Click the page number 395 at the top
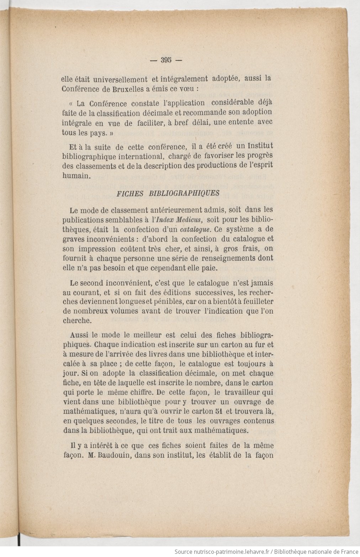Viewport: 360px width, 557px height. [x=166, y=60]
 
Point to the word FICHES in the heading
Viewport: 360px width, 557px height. [x=129, y=193]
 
